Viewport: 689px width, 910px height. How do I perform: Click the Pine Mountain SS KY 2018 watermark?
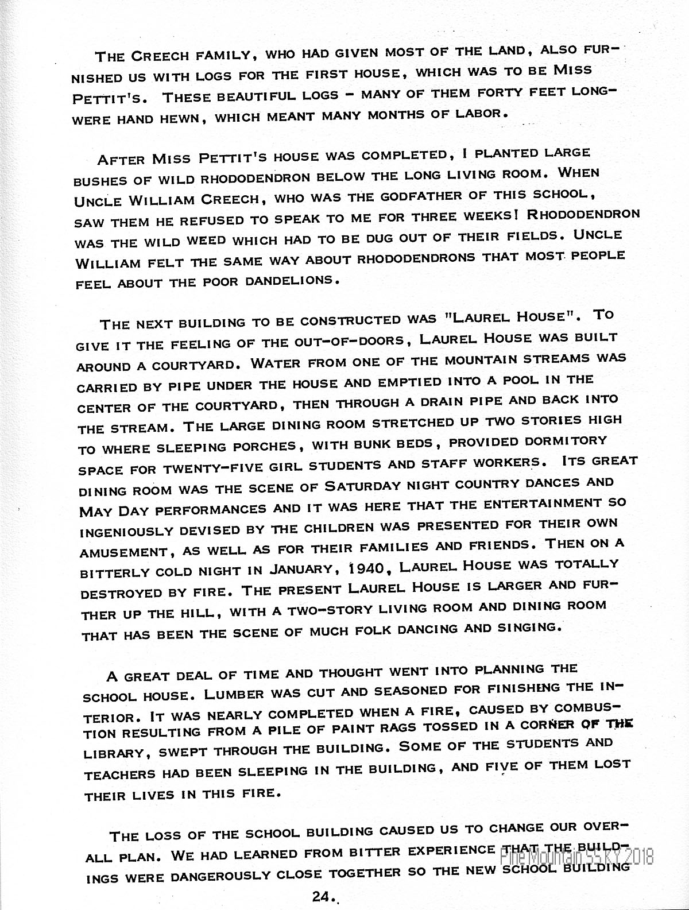coord(576,858)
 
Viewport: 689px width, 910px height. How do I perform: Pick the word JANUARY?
coord(301,570)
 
